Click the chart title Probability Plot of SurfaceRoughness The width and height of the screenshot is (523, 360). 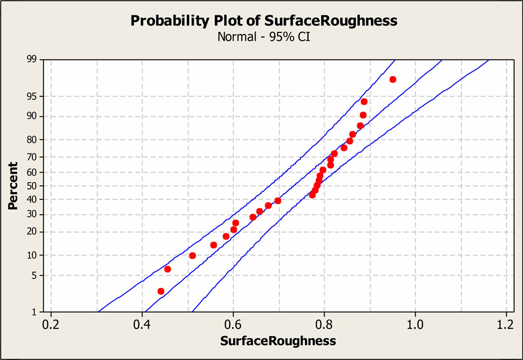pyautogui.click(x=264, y=21)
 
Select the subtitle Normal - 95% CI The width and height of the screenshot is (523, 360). pyautogui.click(x=264, y=36)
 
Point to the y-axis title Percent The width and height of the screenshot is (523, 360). pyautogui.click(x=13, y=186)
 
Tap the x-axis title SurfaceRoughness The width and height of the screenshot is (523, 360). pyautogui.click(x=278, y=341)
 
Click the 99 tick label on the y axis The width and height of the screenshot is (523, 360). pyautogui.click(x=31, y=60)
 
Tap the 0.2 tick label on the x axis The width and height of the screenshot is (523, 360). pyautogui.click(x=51, y=325)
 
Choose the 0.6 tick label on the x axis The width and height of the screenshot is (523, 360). pyautogui.click(x=233, y=325)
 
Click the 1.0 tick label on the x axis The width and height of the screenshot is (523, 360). pyautogui.click(x=415, y=325)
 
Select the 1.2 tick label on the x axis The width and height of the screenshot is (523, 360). pyautogui.click(x=506, y=325)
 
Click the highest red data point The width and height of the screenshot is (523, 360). pyautogui.click(x=393, y=79)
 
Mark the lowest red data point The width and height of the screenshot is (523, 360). pyautogui.click(x=161, y=291)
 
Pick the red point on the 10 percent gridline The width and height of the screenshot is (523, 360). pyautogui.click(x=192, y=255)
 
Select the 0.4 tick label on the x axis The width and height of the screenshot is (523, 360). pyautogui.click(x=142, y=325)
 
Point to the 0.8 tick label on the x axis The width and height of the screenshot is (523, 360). pyautogui.click(x=324, y=325)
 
